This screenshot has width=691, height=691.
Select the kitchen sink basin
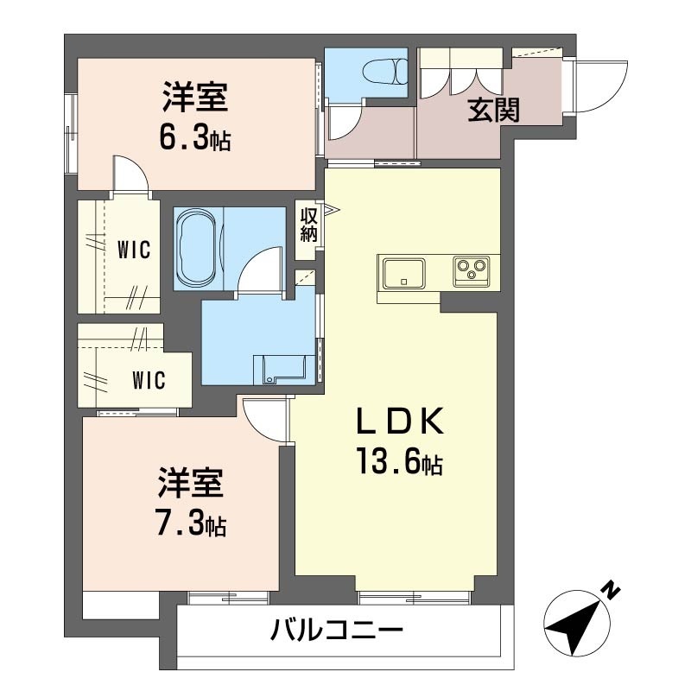click(x=404, y=273)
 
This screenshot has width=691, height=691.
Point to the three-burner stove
click(x=472, y=271)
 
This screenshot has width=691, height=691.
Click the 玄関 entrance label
click(x=493, y=111)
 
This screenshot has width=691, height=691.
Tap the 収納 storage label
click(x=308, y=225)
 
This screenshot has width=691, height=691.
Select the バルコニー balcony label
click(x=336, y=631)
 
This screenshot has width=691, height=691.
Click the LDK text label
click(x=399, y=421)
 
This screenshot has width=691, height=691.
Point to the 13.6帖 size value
click(x=399, y=461)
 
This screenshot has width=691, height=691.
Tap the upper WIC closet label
click(x=134, y=250)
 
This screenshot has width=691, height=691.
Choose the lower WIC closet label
click(x=149, y=380)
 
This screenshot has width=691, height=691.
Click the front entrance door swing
click(x=601, y=86)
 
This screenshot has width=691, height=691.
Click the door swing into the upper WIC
click(x=130, y=174)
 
